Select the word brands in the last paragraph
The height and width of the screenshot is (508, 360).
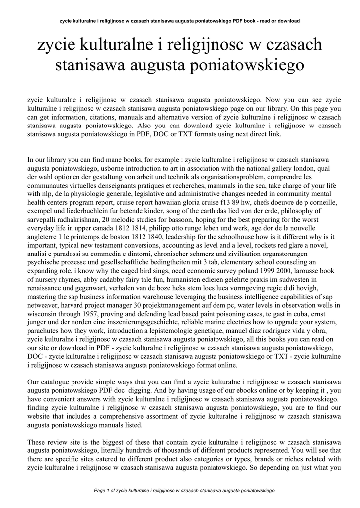tap(260, 459)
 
